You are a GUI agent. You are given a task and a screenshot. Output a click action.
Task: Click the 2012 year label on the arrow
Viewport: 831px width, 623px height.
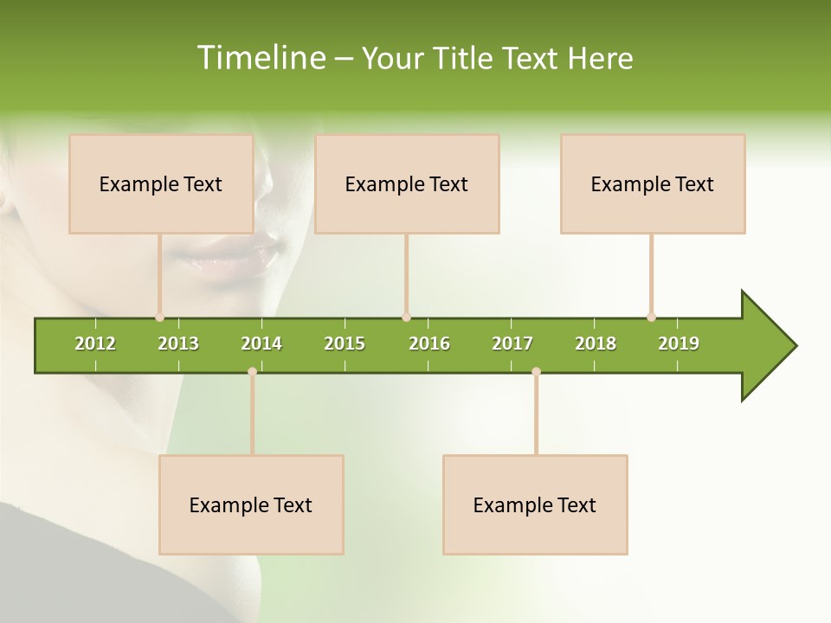click(x=95, y=344)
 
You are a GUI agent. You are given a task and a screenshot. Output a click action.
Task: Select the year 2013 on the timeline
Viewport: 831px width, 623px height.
click(x=178, y=344)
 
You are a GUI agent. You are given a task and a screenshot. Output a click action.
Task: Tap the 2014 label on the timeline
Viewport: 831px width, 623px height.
click(x=261, y=344)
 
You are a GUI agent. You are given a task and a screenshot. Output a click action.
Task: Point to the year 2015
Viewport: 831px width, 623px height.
click(x=345, y=344)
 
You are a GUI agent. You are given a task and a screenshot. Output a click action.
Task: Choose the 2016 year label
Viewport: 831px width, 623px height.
click(x=429, y=344)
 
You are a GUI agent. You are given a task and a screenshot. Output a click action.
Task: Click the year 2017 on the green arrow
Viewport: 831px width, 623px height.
click(x=512, y=344)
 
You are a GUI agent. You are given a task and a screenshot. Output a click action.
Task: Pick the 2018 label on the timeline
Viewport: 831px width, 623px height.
click(x=596, y=344)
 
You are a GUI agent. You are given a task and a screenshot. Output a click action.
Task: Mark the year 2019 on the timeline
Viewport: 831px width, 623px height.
click(x=679, y=344)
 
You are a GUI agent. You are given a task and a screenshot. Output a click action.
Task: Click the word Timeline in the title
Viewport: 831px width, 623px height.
click(x=261, y=58)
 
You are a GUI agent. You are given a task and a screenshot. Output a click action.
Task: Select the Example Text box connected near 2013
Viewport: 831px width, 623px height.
click(x=161, y=183)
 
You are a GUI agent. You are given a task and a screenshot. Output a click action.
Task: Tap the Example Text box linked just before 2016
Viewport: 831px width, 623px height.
click(x=407, y=183)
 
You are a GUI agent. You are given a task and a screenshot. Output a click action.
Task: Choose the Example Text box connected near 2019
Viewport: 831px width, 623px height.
click(x=653, y=183)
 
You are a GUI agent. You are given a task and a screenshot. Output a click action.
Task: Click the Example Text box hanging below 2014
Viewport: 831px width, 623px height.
click(x=251, y=504)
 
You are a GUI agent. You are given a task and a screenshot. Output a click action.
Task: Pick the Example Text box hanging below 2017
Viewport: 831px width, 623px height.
click(x=535, y=504)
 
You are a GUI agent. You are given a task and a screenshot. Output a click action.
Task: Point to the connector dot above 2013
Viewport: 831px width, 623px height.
click(x=159, y=318)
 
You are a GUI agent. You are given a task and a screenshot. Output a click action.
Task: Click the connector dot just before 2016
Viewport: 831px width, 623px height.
click(x=406, y=318)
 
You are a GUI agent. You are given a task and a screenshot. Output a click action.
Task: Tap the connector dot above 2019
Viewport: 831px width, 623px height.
click(x=651, y=318)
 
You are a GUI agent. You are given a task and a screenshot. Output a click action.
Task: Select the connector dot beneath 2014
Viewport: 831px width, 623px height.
click(x=252, y=371)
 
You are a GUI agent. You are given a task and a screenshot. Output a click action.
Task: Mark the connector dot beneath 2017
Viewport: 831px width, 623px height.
click(x=536, y=371)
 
